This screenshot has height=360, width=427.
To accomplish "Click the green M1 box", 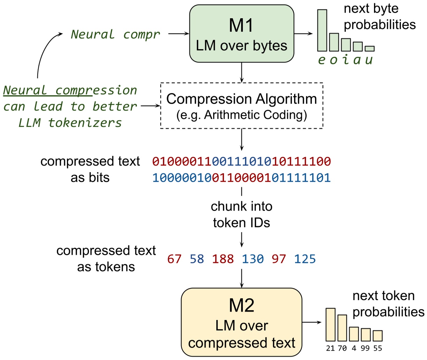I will [241, 34].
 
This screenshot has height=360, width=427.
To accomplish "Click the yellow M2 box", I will [241, 322].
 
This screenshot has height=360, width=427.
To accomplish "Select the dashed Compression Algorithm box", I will [241, 106].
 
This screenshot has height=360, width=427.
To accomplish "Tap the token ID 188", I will [223, 259].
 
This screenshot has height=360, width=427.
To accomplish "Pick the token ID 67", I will [174, 259].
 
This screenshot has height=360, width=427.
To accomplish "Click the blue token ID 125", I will [305, 259].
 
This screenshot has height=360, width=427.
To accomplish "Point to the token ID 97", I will [279, 259].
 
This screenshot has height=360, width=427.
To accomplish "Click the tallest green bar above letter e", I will [322, 30].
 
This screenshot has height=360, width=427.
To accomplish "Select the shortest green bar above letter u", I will [369, 48].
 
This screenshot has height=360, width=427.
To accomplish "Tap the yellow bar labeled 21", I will [330, 324].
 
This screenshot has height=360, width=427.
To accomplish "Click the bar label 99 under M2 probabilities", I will [365, 348].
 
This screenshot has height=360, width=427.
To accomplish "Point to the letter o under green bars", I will [334, 60].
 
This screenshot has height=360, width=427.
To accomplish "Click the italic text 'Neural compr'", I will [115, 34].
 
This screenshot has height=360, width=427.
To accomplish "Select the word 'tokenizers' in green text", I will [85, 123].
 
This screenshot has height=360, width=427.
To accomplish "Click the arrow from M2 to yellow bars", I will [312, 322].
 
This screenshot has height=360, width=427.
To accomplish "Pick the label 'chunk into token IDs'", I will [241, 214].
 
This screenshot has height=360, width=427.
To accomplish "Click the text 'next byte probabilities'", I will [379, 17].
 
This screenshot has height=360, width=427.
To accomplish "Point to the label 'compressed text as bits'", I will [90, 169].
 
